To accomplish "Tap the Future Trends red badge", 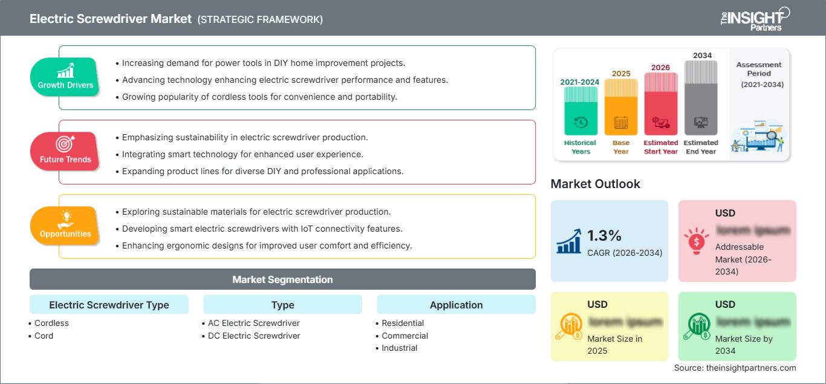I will click(65, 151).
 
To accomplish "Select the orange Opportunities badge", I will click(65, 225).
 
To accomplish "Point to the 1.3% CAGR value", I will click(605, 235).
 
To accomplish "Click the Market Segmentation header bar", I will click(282, 279).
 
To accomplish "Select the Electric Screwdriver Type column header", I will click(109, 305).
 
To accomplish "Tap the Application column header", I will click(456, 305).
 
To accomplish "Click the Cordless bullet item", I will click(51, 323).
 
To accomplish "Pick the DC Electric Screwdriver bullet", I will click(254, 336).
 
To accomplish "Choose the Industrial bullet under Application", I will click(399, 348).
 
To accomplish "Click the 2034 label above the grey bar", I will click(702, 55).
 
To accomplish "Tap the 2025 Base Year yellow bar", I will click(621, 109).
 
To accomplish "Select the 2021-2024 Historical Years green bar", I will click(580, 112).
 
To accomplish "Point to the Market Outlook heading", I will click(595, 184).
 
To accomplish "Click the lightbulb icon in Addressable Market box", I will click(696, 240).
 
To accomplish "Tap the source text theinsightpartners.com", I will click(735, 368).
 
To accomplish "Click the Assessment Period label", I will click(759, 69).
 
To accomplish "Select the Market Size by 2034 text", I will click(743, 345).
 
